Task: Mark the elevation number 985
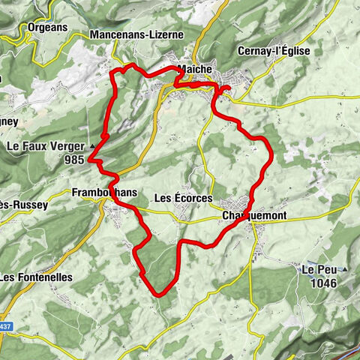click(73, 160)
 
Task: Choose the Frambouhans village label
click(105, 193)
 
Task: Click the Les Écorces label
click(182, 198)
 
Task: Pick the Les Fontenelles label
click(35, 277)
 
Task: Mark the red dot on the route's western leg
click(105, 136)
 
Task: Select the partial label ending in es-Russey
click(23, 204)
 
